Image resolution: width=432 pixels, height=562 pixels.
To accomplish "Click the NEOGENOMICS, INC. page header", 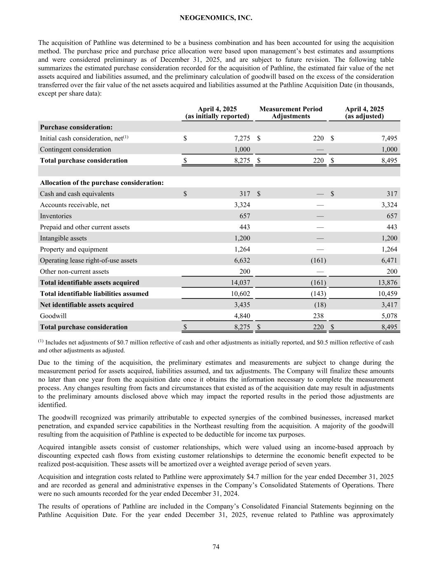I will [216, 18].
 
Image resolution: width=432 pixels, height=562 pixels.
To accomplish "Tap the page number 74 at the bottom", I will [216, 546].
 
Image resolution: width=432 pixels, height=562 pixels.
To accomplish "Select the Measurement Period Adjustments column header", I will [291, 112].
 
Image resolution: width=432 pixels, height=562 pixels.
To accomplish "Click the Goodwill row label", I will [53, 316].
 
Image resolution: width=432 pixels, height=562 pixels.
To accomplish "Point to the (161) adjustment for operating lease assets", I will [317, 260].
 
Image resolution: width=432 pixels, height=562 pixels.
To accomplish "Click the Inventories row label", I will [56, 216].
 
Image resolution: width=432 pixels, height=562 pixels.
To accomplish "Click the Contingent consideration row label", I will [75, 149].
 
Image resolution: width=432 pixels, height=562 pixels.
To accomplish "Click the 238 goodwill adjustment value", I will [318, 316].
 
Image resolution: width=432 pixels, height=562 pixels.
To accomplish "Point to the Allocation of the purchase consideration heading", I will [102, 182].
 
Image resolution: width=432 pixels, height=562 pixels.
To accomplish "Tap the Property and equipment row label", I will [74, 249].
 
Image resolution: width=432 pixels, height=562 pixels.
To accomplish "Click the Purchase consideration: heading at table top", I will [76, 127].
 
